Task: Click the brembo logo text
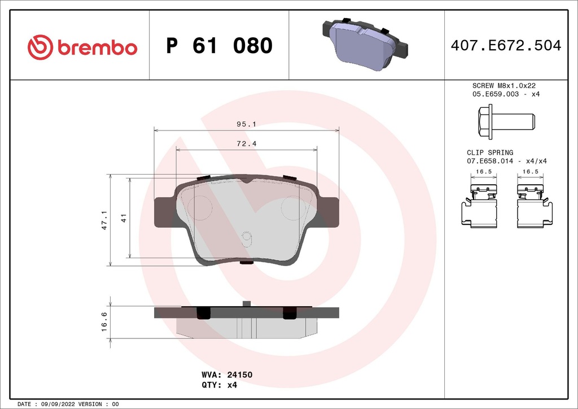pos(96,47)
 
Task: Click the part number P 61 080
pos(219,46)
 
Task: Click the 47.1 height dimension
pos(104,220)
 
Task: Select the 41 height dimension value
pos(122,218)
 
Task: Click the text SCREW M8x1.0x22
pos(503,85)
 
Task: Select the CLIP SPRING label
pos(489,153)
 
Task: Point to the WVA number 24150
pos(243,375)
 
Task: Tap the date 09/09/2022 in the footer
pos(59,404)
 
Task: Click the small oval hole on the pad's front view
pos(246,238)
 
